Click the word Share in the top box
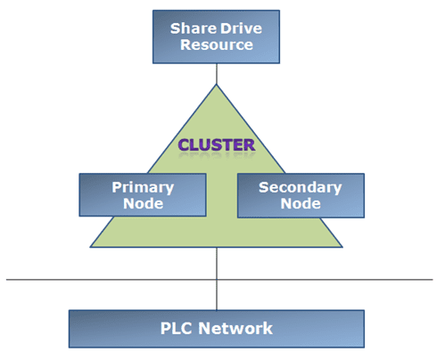click(194, 29)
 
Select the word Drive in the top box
click(241, 29)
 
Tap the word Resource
click(217, 45)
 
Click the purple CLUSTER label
click(217, 145)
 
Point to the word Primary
click(143, 188)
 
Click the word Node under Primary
click(143, 204)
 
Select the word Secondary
click(301, 188)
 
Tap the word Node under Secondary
click(301, 204)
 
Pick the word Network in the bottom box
click(235, 329)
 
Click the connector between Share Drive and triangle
click(217, 74)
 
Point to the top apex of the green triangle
click(217, 85)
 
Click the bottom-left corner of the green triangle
click(91, 247)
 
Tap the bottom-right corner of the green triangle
click(342, 247)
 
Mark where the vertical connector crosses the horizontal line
click(217, 280)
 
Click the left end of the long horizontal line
click(6, 280)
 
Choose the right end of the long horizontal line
click(433, 280)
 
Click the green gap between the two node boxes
click(222, 195)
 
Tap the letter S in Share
click(176, 29)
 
